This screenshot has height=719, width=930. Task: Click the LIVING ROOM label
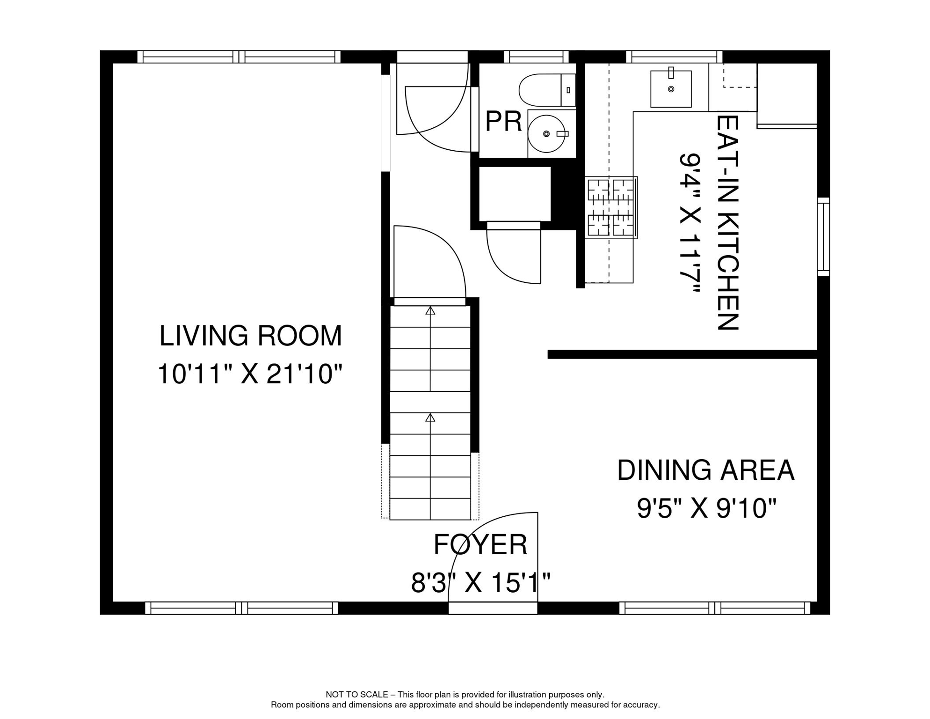point(251,336)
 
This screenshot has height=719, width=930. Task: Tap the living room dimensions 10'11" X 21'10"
point(250,374)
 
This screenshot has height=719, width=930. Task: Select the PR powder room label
point(503,122)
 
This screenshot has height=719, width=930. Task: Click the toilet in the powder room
point(547,90)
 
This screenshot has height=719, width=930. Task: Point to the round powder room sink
point(546,134)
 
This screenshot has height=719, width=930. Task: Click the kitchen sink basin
point(671,89)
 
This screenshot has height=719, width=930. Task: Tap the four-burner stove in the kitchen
point(611,207)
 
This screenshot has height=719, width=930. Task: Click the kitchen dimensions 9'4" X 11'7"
point(690,223)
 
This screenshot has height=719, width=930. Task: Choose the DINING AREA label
point(705,470)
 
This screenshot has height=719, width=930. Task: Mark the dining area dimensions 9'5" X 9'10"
point(707,508)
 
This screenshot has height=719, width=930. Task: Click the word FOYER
point(480,544)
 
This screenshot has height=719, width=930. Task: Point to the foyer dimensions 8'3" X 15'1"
point(480,583)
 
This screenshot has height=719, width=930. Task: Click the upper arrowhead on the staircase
point(430,310)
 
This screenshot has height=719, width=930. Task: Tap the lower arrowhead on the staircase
point(430,418)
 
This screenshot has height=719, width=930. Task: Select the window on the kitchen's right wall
point(823,237)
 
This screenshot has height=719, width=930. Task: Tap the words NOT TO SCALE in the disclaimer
point(357,695)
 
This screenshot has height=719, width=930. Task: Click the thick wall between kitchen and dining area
point(683,354)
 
